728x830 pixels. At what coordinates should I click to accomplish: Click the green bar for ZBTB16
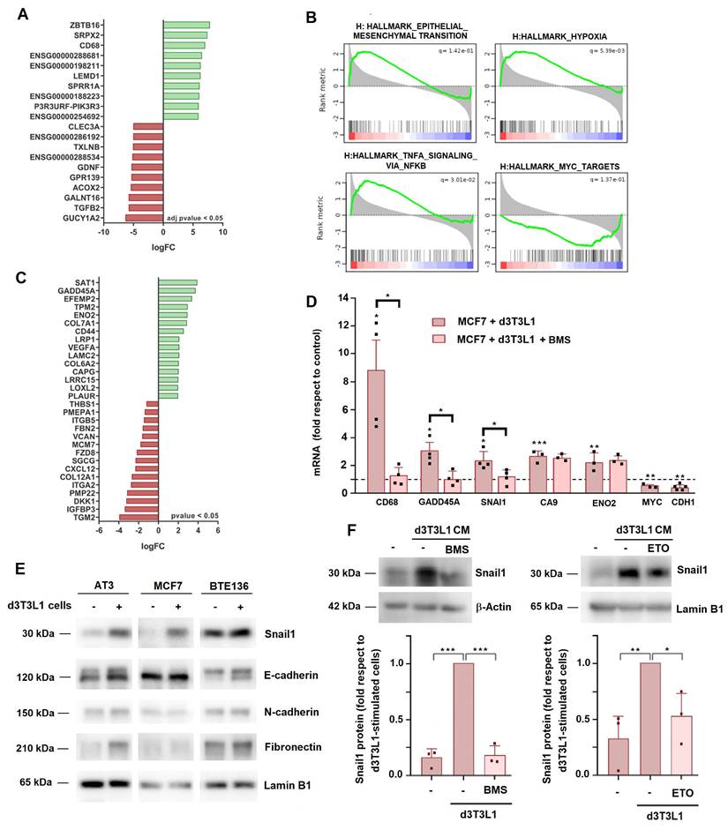pyautogui.click(x=186, y=25)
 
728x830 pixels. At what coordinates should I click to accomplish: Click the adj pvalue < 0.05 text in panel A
pyautogui.click(x=192, y=217)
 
